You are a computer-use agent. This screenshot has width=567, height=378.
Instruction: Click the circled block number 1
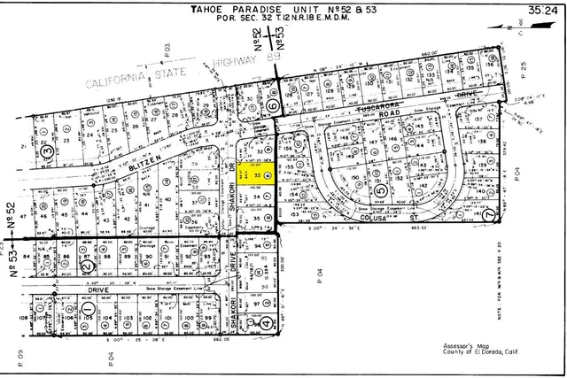point(89,306)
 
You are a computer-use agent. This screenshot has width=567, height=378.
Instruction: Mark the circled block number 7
point(491,215)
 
